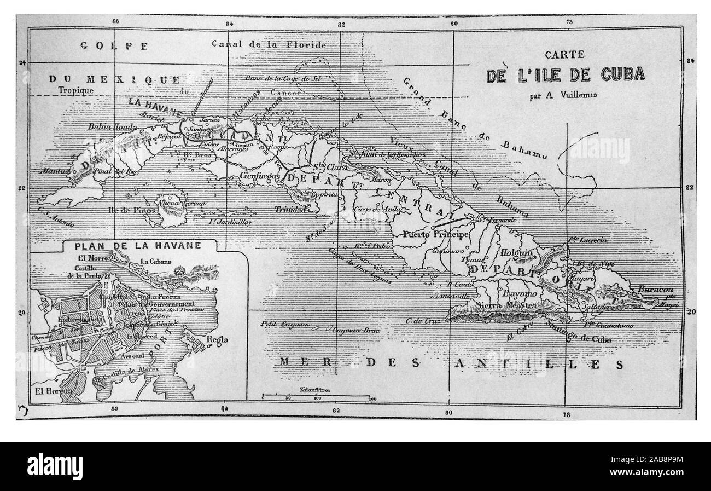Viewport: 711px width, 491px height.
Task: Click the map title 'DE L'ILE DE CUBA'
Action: (x=566, y=74)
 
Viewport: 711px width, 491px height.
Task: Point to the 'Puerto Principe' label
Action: (x=443, y=234)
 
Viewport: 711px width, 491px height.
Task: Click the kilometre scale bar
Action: (x=317, y=394)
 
